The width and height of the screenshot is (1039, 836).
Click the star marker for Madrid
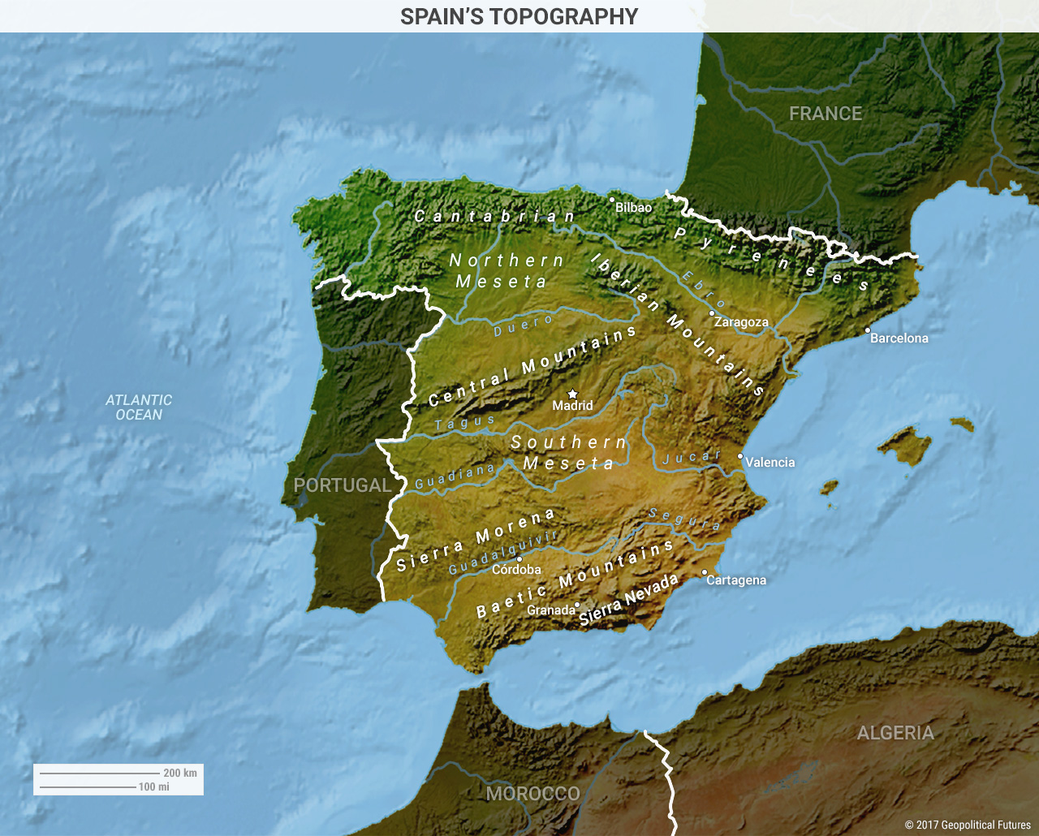(x=572, y=394)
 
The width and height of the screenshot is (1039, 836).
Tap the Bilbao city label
(x=633, y=208)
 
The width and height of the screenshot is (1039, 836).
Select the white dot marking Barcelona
(x=867, y=330)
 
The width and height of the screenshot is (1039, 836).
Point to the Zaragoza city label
(x=741, y=322)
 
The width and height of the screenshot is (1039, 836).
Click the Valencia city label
(x=770, y=463)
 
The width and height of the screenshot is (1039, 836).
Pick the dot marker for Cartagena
(x=705, y=572)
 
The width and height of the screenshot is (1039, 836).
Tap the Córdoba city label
(x=516, y=570)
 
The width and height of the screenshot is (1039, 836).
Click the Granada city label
(x=550, y=610)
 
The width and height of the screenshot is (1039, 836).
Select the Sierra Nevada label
(x=628, y=600)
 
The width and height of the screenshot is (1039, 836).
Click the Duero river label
(x=524, y=325)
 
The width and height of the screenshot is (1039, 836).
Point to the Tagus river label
(x=464, y=422)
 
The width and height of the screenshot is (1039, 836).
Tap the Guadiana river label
(x=455, y=476)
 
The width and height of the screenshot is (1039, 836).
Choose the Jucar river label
(x=692, y=457)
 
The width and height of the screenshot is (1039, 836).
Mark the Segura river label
(x=684, y=519)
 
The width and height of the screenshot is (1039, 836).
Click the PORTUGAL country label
(x=342, y=485)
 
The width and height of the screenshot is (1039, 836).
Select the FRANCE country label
(x=826, y=114)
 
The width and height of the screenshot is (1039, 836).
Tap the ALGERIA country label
(x=895, y=733)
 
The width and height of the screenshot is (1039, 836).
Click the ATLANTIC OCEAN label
(x=139, y=407)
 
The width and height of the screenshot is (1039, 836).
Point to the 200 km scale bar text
(x=180, y=773)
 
